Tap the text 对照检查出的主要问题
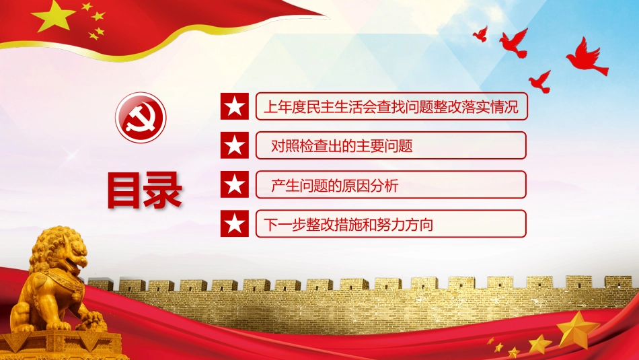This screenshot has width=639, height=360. (342, 146)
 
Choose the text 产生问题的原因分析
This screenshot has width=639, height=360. (334, 185)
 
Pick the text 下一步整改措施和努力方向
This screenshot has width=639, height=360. (347, 224)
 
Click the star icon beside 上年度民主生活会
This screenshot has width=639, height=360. (234, 106)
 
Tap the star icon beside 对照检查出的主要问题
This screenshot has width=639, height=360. (234, 145)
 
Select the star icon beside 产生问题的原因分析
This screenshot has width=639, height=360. (234, 184)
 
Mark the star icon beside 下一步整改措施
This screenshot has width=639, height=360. (234, 223)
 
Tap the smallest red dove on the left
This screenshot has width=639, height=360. (480, 34)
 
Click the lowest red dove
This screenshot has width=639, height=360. (539, 81)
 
